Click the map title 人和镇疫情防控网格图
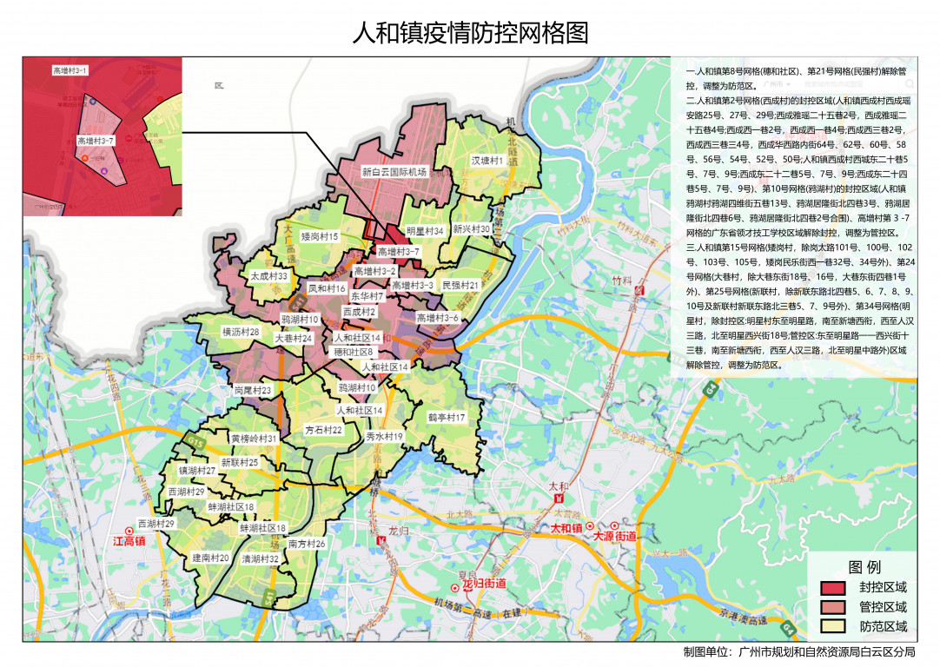click(x=470, y=33)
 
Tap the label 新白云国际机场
click(x=395, y=173)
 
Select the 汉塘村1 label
click(x=487, y=162)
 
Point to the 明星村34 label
click(x=426, y=231)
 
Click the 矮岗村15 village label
click(x=320, y=236)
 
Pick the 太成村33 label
click(x=268, y=275)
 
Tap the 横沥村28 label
click(x=241, y=332)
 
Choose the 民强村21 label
click(x=460, y=285)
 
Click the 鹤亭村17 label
click(x=447, y=418)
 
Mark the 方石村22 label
click(x=324, y=430)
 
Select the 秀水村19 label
click(x=385, y=436)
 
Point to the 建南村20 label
click(x=210, y=558)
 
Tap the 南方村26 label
click(x=307, y=544)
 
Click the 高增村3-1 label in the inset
click(x=70, y=69)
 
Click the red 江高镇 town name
click(x=129, y=541)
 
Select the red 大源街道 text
click(x=615, y=538)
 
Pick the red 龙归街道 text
click(x=485, y=584)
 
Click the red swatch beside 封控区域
click(x=834, y=588)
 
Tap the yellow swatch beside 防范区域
click(x=834, y=626)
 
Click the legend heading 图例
click(x=864, y=567)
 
